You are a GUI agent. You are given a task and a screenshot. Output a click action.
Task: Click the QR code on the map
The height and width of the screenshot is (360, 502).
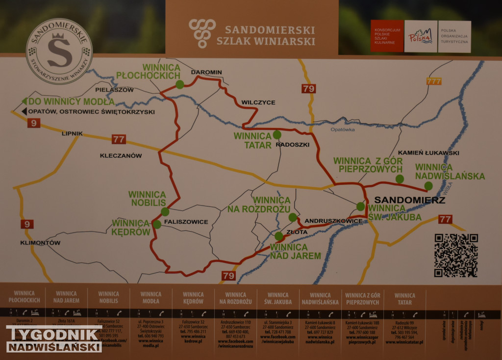coord(456,255)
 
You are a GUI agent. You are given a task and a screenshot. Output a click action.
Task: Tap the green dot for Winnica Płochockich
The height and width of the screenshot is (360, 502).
coord(180,84)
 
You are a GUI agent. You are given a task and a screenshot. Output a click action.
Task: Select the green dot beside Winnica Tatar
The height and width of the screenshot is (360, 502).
coord(277,134)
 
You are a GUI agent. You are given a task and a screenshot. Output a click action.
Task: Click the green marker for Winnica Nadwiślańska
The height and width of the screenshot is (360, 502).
coord(428,185)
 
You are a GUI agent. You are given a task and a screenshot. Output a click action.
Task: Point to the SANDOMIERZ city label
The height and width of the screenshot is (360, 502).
coord(409,201)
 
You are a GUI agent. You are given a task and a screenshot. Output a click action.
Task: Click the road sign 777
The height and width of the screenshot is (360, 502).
coord(434,81)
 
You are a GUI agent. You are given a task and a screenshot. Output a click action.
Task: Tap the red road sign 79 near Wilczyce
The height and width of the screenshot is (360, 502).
coord(308,89)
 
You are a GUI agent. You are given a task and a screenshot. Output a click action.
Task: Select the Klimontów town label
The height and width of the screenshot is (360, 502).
coord(40,243)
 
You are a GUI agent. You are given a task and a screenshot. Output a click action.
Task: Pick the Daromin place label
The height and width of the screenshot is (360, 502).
coord(206,72)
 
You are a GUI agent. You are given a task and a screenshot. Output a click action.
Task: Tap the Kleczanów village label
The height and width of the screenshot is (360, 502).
coord(121,156)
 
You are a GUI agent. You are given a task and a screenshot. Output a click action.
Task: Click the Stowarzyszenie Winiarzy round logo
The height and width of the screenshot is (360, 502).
coord(59,51)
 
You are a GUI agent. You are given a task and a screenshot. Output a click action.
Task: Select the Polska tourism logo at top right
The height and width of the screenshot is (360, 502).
coord(421,37)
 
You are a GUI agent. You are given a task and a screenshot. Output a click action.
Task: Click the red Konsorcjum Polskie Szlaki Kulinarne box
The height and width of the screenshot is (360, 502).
coord(387,36)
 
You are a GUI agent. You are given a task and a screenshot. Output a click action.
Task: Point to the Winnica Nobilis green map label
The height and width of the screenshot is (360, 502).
coord(147,199)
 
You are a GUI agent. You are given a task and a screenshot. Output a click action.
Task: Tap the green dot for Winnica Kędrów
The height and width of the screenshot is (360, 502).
coord(157,224)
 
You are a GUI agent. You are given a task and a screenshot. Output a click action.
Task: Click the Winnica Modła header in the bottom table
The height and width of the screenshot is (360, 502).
coord(151,298)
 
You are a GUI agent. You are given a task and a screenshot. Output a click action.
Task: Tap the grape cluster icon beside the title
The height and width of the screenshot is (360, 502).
coord(202,33)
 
